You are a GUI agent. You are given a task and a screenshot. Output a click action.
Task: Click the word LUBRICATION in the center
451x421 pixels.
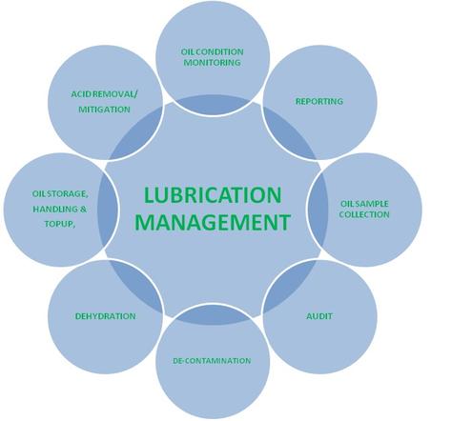click(x=213, y=195)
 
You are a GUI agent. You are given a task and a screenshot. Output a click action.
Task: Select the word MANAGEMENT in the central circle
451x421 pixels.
click(x=213, y=222)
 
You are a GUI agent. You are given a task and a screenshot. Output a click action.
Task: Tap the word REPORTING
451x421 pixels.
click(x=319, y=102)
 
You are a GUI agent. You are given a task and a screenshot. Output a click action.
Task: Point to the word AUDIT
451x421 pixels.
click(x=319, y=316)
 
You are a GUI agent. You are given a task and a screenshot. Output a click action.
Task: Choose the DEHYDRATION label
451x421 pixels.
click(x=106, y=316)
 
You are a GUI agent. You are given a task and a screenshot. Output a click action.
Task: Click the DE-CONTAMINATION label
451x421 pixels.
click(x=212, y=361)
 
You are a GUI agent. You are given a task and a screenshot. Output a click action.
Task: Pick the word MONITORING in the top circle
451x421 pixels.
click(x=212, y=63)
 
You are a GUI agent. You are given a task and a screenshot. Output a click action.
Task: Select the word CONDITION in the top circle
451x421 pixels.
click(x=222, y=51)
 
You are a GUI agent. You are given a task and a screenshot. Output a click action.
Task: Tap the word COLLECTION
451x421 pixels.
click(x=364, y=214)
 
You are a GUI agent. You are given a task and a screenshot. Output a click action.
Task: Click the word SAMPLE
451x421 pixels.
click(x=373, y=204)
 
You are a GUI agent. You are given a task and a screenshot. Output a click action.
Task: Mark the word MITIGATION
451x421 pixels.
click(x=104, y=110)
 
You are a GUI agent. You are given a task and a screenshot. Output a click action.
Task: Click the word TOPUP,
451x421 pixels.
click(x=60, y=224)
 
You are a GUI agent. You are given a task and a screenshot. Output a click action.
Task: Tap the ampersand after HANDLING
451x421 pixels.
click(x=83, y=210)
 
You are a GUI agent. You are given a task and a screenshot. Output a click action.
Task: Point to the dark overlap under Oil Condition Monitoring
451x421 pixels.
click(x=213, y=104)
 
